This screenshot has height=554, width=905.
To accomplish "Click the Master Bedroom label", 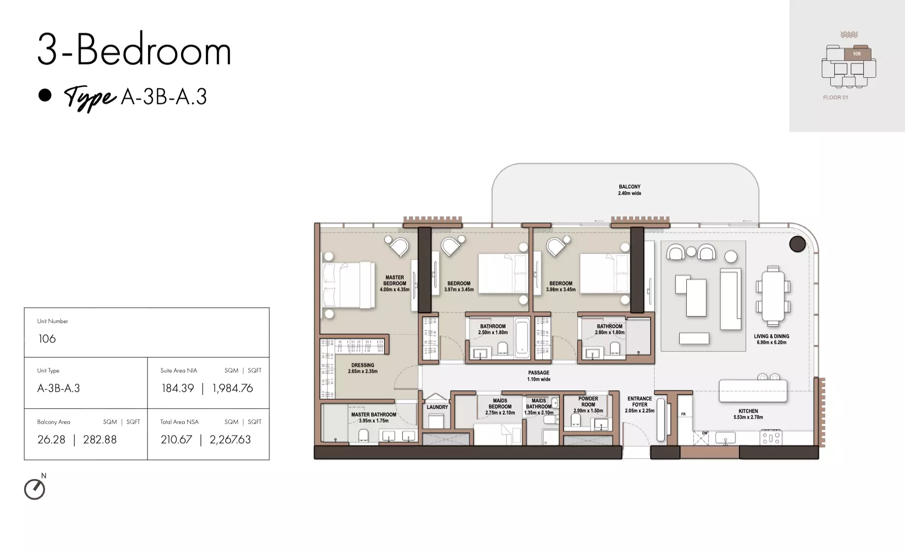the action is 395,283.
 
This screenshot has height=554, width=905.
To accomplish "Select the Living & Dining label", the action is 772,339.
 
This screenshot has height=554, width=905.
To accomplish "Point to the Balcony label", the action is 630,190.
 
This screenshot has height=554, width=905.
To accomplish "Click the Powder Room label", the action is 588,404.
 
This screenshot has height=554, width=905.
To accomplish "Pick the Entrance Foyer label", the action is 640,404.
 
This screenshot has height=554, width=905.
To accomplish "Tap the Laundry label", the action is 437,407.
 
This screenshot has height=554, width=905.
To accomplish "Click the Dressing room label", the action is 363,368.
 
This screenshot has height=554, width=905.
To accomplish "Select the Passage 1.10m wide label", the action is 539,376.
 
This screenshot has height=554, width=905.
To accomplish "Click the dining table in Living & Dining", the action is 773,297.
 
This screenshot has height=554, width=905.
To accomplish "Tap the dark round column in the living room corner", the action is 797,244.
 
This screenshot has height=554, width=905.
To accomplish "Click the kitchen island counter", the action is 753,391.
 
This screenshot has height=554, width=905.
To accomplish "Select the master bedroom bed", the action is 349,285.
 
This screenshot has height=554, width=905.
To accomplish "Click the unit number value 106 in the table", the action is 47,339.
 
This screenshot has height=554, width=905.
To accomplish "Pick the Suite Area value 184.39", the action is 178,388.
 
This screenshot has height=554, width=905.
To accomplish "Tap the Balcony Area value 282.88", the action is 100,440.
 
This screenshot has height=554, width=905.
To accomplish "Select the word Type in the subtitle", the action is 90,98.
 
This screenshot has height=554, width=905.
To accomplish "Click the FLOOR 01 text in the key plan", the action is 835,97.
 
